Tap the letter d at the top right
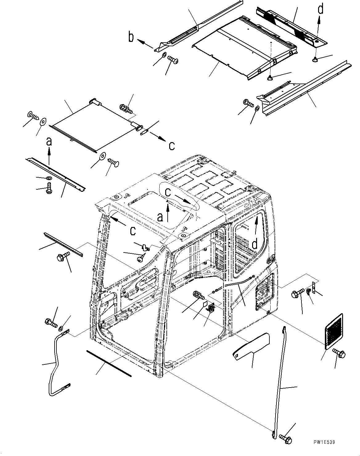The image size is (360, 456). [x=321, y=9]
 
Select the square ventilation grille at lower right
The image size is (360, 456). [x=333, y=332]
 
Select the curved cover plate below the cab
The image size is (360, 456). [x=251, y=345]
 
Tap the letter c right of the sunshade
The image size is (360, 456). [x=172, y=145]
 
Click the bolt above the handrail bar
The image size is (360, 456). [x=51, y=323]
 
